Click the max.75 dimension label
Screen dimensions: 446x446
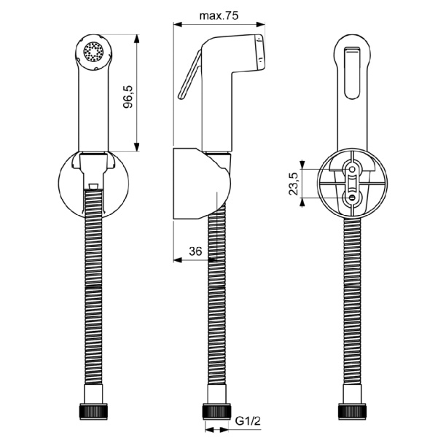(x=219, y=15)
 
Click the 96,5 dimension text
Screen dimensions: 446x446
(x=128, y=97)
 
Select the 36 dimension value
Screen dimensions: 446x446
(x=195, y=251)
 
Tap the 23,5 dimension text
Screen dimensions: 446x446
(x=294, y=184)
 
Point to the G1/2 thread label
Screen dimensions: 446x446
(x=248, y=420)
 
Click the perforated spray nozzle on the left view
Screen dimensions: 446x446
(x=93, y=52)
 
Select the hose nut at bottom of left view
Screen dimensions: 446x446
(x=93, y=411)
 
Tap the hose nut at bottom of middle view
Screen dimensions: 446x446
(x=216, y=411)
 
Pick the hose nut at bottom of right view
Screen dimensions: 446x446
(x=352, y=411)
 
